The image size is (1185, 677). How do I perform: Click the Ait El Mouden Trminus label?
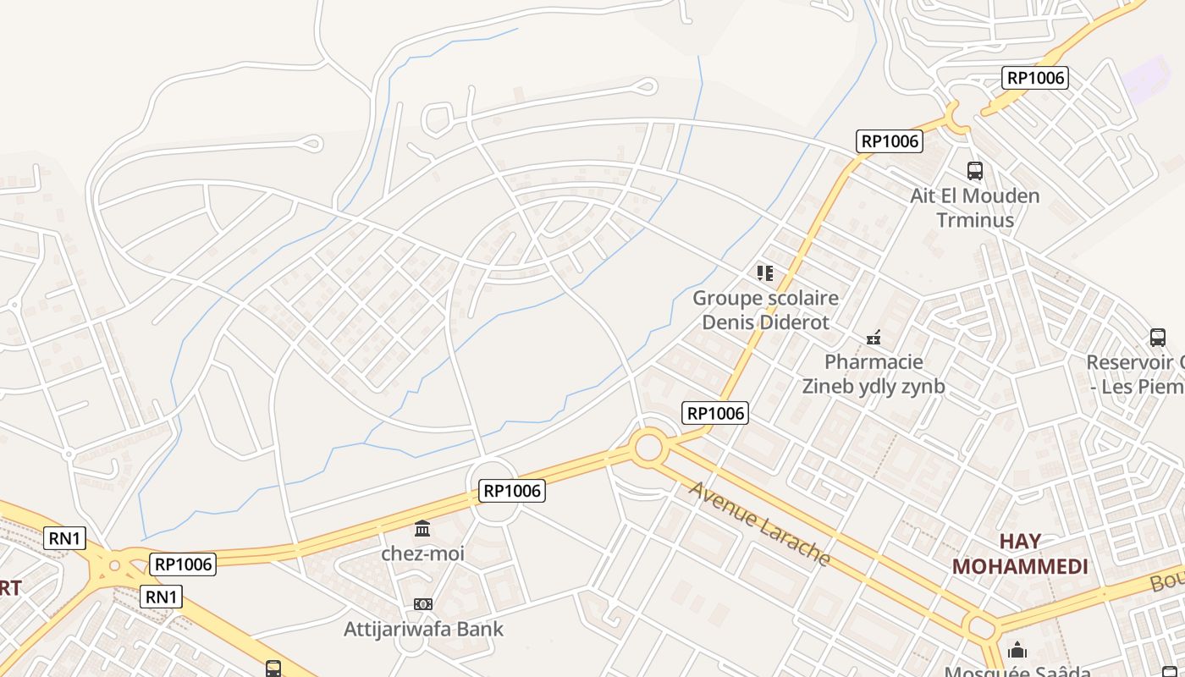pos(974,208)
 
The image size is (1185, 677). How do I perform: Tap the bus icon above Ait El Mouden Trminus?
pos(974,171)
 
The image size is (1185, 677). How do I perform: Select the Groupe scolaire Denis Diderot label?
pos(765,310)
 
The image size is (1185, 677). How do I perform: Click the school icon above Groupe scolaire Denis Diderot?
pos(765,272)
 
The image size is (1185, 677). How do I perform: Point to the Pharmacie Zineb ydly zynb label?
pos(874,374)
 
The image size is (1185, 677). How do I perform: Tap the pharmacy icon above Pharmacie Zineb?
pos(874,338)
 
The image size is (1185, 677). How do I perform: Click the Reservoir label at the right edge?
pos(1135,374)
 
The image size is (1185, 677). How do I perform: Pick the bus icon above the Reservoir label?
pos(1158,338)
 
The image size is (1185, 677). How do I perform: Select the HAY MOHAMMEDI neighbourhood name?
pos(1020,553)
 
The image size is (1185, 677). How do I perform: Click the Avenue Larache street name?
pos(759,524)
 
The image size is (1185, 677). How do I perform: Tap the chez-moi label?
pos(422,553)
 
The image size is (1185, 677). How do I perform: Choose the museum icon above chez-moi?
pos(422,529)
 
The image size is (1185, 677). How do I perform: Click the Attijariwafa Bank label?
pos(423,629)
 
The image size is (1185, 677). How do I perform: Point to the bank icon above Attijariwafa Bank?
pos(423,604)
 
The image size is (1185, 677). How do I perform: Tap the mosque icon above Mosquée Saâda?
pos(1017,650)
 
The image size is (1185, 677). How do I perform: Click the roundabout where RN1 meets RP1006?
pos(115,564)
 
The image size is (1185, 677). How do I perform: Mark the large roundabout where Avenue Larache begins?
pos(648,447)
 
